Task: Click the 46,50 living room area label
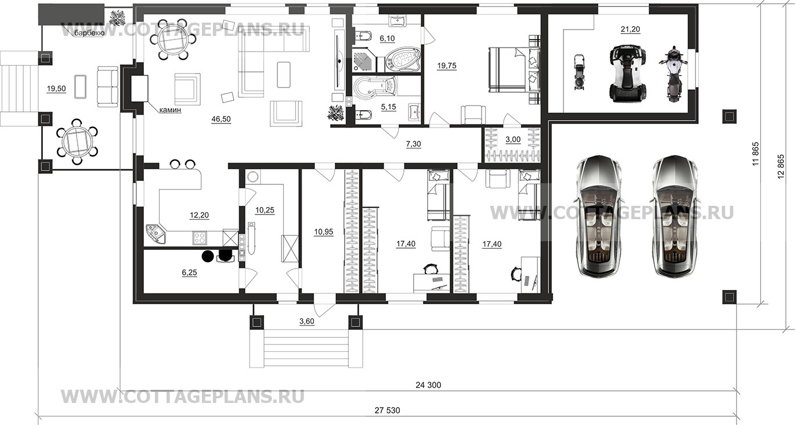pos(221,119)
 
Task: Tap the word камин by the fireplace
pos(170,110)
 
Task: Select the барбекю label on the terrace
pos(89,34)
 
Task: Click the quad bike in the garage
pos(627,74)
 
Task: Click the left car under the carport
pos(598,216)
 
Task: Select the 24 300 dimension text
pos(428,385)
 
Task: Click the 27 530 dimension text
pos(387,411)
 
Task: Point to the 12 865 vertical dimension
pos(781,166)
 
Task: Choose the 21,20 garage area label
pos(630,29)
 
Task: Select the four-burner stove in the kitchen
pos(200,238)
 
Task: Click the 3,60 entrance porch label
pos(306,321)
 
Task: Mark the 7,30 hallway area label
pos(414,144)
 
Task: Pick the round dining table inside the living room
pos(172,39)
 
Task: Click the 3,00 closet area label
pos(513,139)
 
